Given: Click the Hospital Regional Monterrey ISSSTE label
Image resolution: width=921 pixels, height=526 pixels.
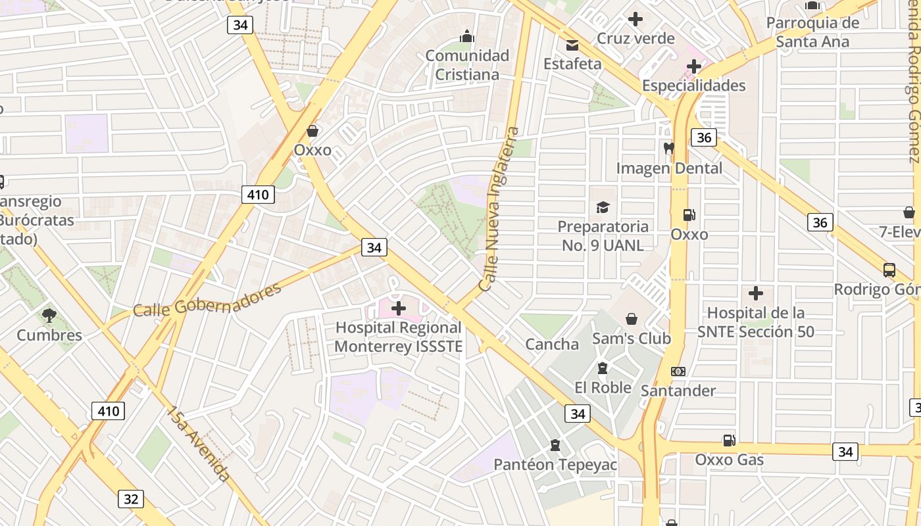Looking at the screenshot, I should click(x=399, y=337).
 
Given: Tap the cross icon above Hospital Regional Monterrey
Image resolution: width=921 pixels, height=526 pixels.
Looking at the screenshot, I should click(x=399, y=308).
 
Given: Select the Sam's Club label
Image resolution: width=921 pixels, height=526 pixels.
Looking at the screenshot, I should click(x=631, y=339).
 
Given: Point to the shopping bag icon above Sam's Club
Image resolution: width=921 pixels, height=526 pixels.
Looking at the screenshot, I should click(x=632, y=319).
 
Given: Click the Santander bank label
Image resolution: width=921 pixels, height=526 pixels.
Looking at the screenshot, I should click(x=678, y=391).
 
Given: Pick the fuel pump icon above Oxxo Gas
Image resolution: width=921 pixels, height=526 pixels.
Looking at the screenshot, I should click(x=729, y=440).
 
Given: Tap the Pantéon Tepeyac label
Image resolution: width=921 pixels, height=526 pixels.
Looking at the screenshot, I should click(x=555, y=465).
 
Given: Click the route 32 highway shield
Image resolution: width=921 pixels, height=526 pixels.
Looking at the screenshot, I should click(x=131, y=498).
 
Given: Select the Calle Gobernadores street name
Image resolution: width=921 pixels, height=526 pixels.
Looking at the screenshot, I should click(x=207, y=300).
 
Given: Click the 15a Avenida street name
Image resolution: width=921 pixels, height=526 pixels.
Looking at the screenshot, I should click(x=197, y=444).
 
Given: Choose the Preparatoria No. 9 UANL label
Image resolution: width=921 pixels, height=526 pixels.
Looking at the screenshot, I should click(x=603, y=235).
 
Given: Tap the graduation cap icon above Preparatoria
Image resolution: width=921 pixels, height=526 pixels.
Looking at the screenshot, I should click(x=603, y=208).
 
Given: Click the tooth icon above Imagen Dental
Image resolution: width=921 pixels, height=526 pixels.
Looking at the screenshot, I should click(x=669, y=149).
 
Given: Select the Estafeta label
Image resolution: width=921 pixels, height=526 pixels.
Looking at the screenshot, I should click(x=572, y=64).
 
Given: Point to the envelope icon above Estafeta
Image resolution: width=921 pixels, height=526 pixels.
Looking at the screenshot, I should click(x=572, y=45).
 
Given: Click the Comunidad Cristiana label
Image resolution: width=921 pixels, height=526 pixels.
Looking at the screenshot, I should click(x=467, y=64).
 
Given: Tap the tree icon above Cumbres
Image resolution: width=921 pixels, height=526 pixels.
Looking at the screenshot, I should click(x=49, y=316).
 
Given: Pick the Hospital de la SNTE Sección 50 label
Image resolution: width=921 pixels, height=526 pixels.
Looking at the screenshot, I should click(x=756, y=322).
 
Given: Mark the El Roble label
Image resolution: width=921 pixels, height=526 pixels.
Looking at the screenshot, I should click(x=603, y=387).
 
